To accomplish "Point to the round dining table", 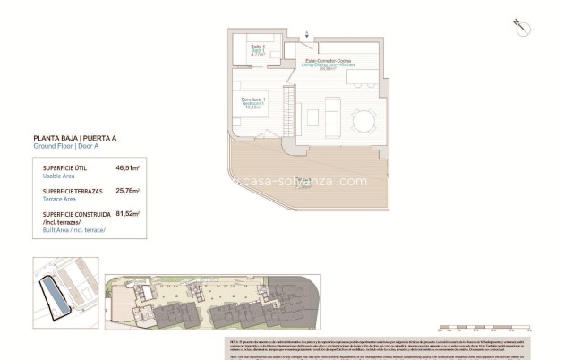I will [x=363, y=119].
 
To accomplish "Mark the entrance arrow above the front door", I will [x=309, y=34].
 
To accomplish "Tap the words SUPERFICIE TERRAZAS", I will [x=75, y=191].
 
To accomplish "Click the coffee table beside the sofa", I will [x=311, y=116].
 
